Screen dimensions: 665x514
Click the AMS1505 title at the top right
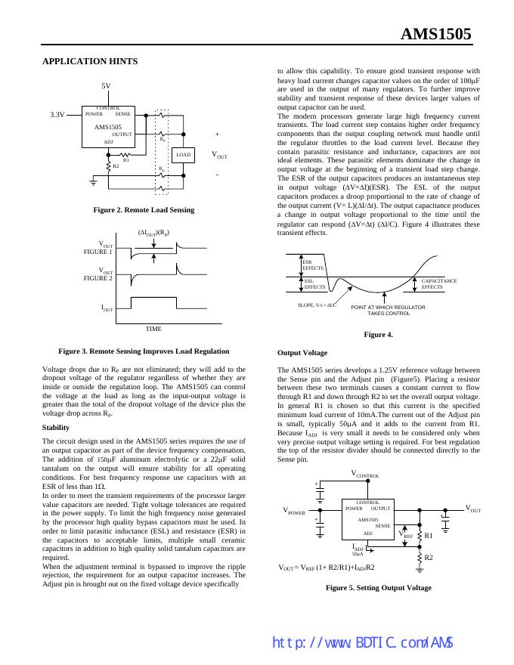coord(435,34)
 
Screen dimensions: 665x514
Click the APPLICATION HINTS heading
coord(90,61)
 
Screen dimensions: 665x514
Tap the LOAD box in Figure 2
coord(184,155)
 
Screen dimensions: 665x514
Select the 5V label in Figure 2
coord(106,86)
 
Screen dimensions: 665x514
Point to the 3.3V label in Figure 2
coord(57,114)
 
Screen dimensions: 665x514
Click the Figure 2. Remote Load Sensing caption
coord(144,209)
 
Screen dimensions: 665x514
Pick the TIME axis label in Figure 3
coord(153,329)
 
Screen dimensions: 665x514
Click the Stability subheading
coord(56,427)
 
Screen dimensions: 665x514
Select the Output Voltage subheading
coord(302,353)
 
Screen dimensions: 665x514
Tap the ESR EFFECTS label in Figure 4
coord(312,265)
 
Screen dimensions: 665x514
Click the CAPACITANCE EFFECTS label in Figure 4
coord(438,283)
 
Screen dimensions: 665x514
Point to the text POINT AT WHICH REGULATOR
coord(388,307)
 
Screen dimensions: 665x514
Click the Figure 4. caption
coord(378,335)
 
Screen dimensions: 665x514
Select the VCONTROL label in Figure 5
coord(365,474)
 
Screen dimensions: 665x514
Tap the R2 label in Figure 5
coord(429,558)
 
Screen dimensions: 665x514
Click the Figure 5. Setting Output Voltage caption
coord(378,587)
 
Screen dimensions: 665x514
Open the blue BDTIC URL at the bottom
coord(362,642)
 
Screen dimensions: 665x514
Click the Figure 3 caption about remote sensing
coord(144,351)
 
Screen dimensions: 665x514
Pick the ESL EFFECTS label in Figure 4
coord(314,283)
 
